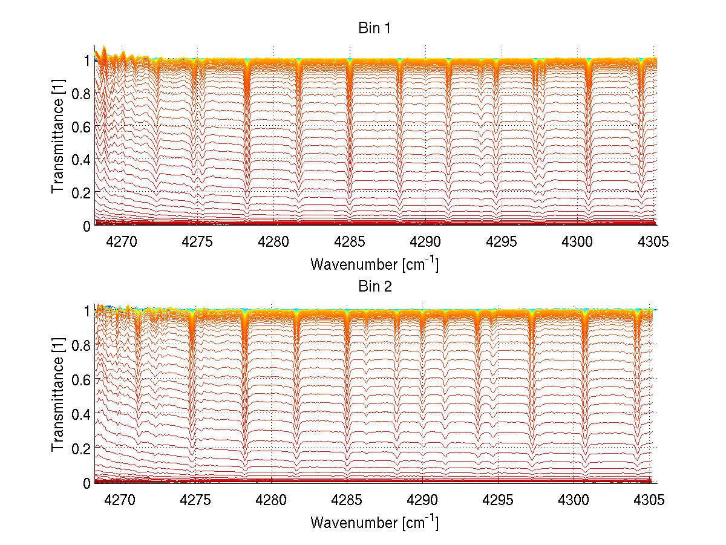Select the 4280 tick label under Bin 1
tap(274, 242)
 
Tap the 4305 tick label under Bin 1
tap(653, 242)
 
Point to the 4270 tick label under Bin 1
tap(122, 242)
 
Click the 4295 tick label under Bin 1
tap(502, 242)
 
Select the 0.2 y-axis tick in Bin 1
tap(81, 192)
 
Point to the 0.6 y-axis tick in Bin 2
tap(81, 379)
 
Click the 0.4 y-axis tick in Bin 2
tap(81, 414)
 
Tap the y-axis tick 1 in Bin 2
tap(87, 311)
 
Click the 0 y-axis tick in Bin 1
tap(87, 225)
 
